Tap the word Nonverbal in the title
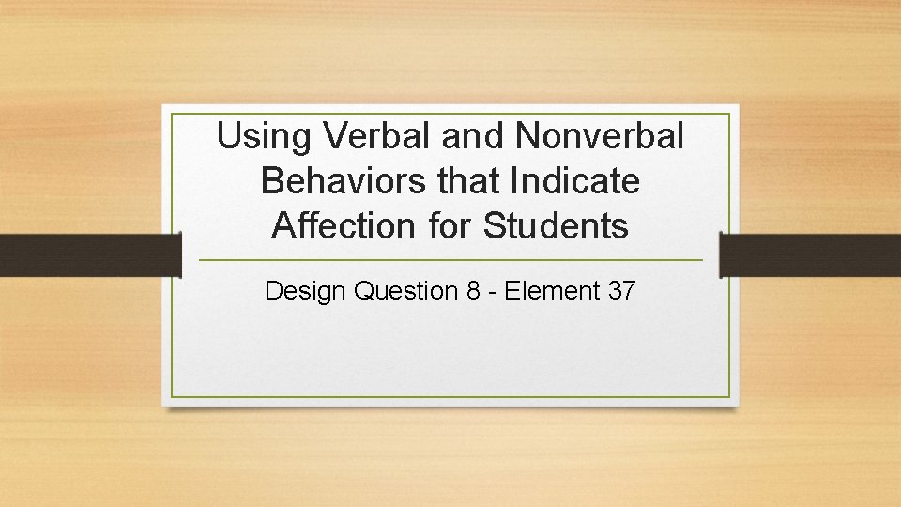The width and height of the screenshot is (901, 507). click(599, 137)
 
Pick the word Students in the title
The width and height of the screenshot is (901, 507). click(556, 225)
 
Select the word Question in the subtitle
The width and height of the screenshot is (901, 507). click(405, 291)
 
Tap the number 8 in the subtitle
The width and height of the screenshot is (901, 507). click(473, 291)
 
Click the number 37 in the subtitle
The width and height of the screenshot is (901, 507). click(621, 291)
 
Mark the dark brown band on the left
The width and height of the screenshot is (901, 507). click(89, 255)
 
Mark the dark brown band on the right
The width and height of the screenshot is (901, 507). click(810, 255)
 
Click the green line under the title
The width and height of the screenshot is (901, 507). click(450, 260)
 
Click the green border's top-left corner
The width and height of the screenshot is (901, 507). click(172, 115)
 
